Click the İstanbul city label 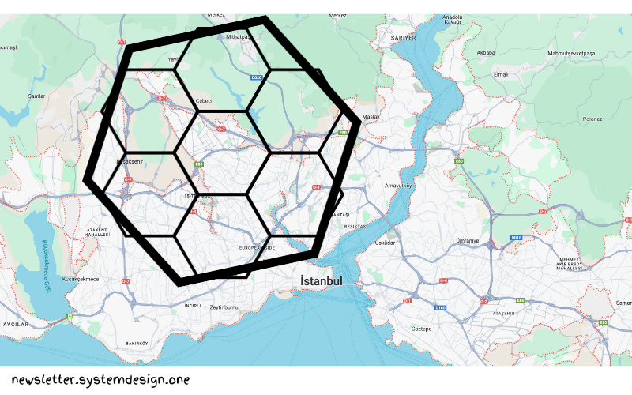(x=321, y=281)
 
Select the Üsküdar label (x=385, y=243)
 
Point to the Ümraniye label (x=468, y=241)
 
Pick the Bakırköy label (x=137, y=344)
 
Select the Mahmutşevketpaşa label (x=573, y=53)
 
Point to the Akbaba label (x=486, y=53)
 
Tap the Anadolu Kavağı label (x=452, y=19)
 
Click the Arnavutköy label (x=399, y=186)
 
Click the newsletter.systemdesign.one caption (x=100, y=380)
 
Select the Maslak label (x=371, y=118)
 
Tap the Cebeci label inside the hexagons (x=204, y=101)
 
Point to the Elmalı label (x=500, y=74)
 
